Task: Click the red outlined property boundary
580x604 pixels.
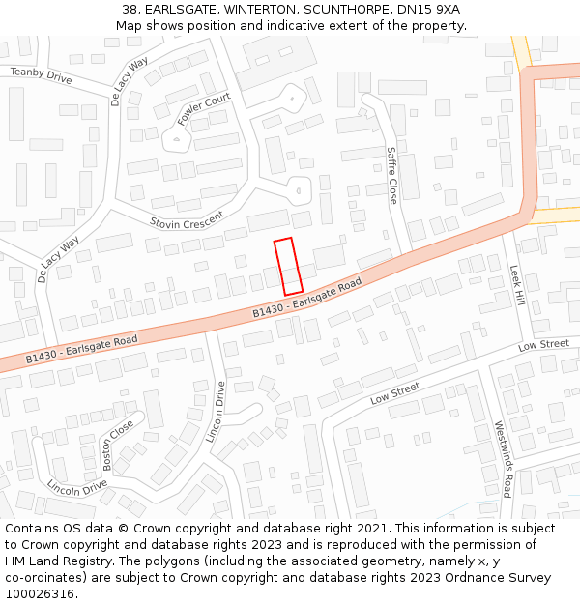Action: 288,267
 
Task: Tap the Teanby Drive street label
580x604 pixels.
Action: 41,75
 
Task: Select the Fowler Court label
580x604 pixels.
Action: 204,110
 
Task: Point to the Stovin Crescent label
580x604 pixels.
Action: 188,220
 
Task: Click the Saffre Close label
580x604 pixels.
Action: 391,175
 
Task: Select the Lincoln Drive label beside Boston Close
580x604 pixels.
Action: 77,486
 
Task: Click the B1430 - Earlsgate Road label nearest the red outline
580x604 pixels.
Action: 307,298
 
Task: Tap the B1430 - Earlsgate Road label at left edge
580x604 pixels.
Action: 82,349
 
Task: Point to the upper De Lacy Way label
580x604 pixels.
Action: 129,87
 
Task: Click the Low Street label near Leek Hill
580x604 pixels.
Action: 543,345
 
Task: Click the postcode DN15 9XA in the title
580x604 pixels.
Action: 428,10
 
